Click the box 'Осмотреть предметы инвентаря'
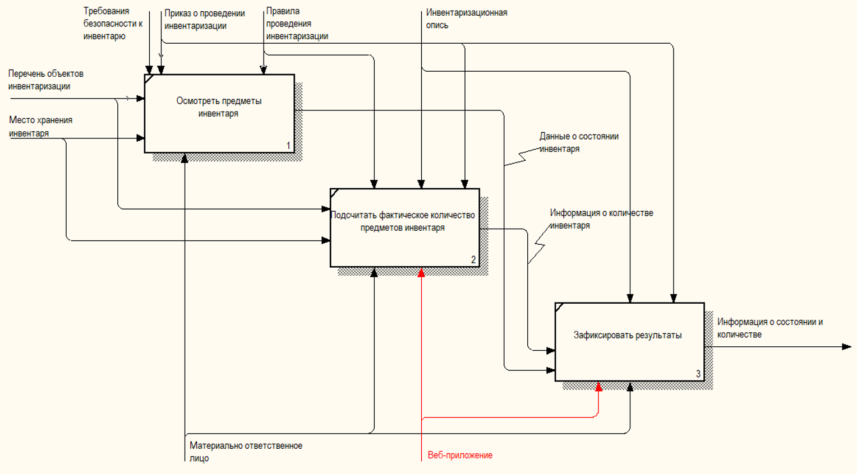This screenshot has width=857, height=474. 219,113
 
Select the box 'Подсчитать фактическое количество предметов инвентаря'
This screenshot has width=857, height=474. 404,227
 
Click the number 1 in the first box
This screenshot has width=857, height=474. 288,146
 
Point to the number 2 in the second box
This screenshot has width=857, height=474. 473,260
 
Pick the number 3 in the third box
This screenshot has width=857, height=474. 698,374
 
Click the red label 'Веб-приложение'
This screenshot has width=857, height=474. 460,455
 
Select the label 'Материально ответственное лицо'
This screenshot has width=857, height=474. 246,452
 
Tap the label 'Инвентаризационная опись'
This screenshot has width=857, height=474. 466,18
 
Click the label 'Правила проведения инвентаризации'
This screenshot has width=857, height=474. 297,24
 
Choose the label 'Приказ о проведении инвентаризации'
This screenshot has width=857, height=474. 204,20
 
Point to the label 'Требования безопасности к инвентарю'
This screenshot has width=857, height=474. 113,24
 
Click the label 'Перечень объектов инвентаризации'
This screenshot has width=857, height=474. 45,80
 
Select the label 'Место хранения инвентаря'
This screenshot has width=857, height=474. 40,127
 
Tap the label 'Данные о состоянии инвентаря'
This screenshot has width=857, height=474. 579,142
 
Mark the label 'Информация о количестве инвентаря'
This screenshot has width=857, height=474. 601,219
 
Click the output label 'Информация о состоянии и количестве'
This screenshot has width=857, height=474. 770,328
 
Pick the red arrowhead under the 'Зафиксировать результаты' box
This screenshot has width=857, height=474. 599,386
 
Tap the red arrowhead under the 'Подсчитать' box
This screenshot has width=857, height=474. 421,272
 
